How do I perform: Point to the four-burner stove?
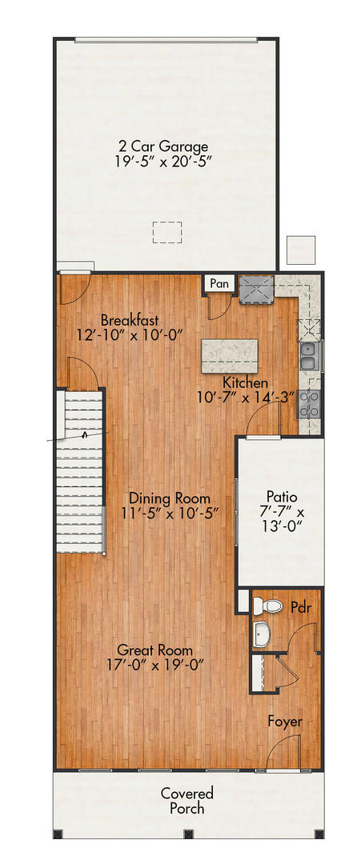click(309, 405)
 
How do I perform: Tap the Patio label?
click(280, 496)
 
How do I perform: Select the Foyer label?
click(285, 722)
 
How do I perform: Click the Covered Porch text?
click(187, 801)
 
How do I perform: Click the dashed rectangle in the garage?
click(167, 231)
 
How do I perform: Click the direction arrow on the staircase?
click(84, 436)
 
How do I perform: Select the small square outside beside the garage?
click(302, 250)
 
